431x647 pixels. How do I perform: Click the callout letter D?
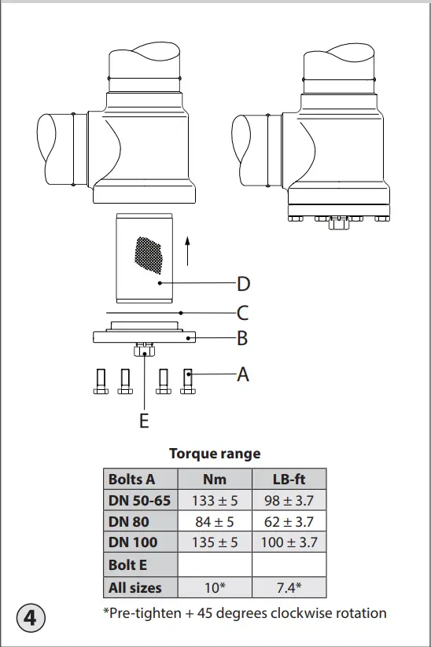pyautogui.click(x=244, y=283)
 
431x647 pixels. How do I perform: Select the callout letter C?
pyautogui.click(x=243, y=313)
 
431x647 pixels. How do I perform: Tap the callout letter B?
pyautogui.click(x=243, y=340)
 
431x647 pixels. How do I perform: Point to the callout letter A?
pyautogui.click(x=243, y=375)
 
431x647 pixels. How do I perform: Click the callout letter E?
pyautogui.click(x=144, y=421)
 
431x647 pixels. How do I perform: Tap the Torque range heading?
pyautogui.click(x=215, y=454)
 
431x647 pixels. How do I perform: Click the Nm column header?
pyautogui.click(x=215, y=479)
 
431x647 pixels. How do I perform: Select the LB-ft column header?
pyautogui.click(x=289, y=479)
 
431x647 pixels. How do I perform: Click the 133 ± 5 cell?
pyautogui.click(x=215, y=500)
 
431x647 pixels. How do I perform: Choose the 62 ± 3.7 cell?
pyautogui.click(x=289, y=521)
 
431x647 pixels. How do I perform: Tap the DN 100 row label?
pyautogui.click(x=133, y=542)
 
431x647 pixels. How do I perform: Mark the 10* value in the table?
pyautogui.click(x=215, y=587)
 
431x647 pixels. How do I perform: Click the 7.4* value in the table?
pyautogui.click(x=289, y=587)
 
